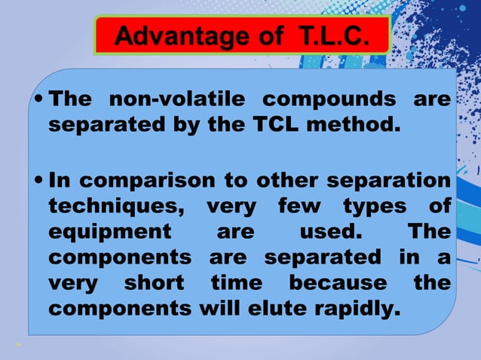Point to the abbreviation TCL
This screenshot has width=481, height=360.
(272, 124)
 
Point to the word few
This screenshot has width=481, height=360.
(299, 206)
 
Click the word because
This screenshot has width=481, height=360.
(338, 282)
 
